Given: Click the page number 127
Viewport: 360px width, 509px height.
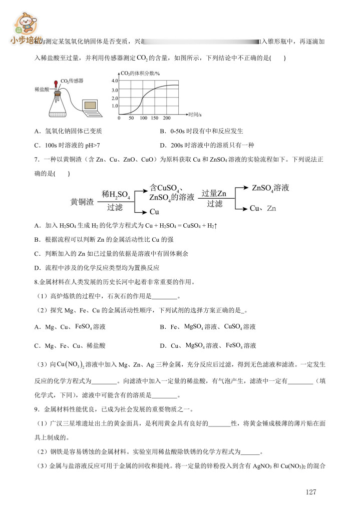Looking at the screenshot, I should coord(311,492).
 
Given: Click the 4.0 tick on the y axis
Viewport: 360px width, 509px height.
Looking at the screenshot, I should coord(114,81).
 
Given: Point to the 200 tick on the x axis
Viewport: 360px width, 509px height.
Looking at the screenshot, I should coord(167,118).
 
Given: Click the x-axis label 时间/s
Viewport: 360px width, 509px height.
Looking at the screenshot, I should coord(194,115).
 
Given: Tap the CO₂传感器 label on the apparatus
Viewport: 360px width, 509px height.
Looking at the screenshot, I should coord(72,81).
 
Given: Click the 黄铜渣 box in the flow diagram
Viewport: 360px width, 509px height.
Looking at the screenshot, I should coord(82,202).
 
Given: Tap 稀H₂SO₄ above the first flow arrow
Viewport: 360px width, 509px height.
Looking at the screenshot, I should coord(116,194).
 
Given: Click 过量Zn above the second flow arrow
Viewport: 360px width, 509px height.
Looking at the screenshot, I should coord(214,194).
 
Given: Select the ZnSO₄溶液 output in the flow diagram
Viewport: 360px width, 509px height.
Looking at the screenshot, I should coord(270,188).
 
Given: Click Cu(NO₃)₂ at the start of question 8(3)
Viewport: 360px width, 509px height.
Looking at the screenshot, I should coord(70,363).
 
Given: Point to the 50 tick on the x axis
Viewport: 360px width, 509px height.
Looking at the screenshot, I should coord(131,118).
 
